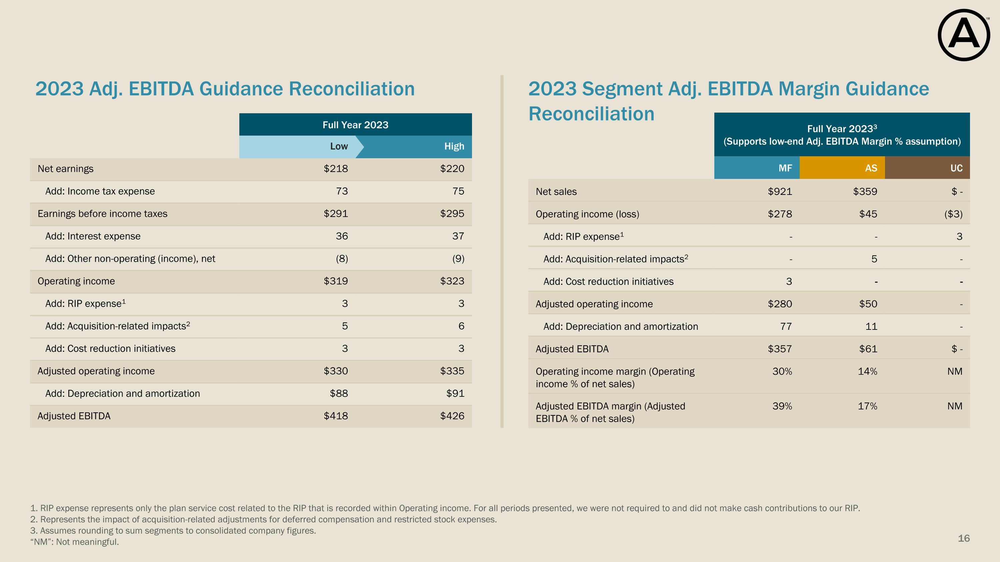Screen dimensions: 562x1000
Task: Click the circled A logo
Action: point(964,35)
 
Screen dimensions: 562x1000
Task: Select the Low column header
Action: point(339,146)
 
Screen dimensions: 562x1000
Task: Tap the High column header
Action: point(454,146)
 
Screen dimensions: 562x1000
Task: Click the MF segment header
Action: point(785,168)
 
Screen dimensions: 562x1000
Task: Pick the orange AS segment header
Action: point(871,168)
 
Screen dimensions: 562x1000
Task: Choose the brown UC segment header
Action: point(956,168)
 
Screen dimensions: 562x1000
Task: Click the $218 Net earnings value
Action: point(336,169)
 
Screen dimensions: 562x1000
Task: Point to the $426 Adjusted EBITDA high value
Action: point(452,416)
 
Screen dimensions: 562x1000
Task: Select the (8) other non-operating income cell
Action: point(342,259)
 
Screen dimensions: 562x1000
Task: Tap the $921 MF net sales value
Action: point(780,192)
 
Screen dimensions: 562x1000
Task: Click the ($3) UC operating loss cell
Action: point(953,214)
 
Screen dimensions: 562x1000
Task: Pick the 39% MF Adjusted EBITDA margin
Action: point(782,406)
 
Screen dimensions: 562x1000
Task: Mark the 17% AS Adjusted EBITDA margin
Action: point(867,406)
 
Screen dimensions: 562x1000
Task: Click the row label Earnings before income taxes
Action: point(102,214)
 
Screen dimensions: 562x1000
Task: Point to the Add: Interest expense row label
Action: point(93,236)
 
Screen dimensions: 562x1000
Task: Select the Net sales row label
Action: point(556,192)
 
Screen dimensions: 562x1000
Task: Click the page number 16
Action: point(964,538)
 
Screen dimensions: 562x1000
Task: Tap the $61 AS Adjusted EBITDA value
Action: point(868,349)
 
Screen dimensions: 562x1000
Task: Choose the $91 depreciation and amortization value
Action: point(455,394)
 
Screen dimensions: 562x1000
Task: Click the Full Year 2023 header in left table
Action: point(355,125)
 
